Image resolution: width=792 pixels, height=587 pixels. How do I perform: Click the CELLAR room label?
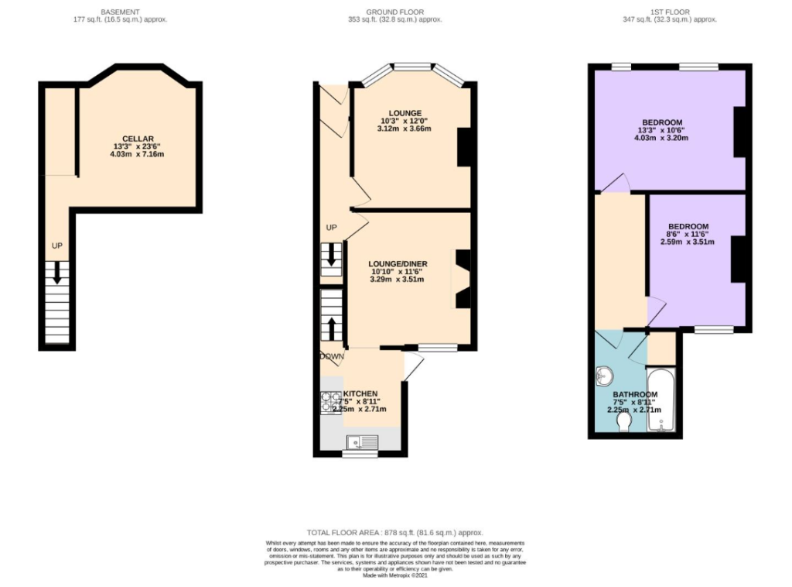(x=138, y=139)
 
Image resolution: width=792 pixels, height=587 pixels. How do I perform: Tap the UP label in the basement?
(x=56, y=245)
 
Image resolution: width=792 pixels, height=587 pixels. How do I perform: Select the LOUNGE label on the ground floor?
(x=405, y=113)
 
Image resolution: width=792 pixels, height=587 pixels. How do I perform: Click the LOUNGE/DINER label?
(x=399, y=264)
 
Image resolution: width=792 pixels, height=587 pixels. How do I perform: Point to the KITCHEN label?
(x=360, y=393)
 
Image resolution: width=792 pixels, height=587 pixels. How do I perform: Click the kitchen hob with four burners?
(x=331, y=402)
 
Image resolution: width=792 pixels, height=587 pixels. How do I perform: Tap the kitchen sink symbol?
(x=361, y=442)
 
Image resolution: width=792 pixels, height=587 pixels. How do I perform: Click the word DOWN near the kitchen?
(x=332, y=356)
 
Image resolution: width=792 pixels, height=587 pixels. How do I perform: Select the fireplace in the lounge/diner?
(x=461, y=279)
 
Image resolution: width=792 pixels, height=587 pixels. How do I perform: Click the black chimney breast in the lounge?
(x=464, y=147)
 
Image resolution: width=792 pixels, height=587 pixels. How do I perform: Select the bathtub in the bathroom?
(x=663, y=400)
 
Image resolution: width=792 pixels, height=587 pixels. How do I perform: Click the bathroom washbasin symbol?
(x=606, y=378)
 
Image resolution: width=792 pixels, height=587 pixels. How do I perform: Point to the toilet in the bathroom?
(x=623, y=421)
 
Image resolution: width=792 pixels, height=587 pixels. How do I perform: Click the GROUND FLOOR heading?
(x=395, y=12)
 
